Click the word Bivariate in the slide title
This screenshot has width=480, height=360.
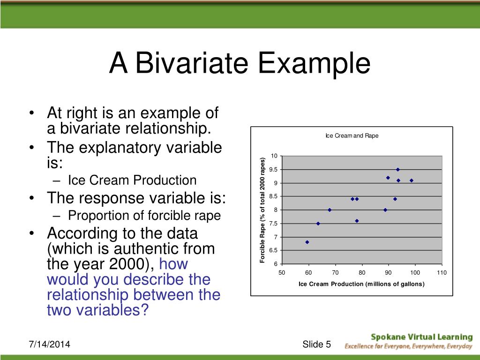(192, 63)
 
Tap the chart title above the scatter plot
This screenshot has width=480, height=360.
(352, 135)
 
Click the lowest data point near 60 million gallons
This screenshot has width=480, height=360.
(307, 242)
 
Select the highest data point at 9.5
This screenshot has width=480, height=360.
(398, 169)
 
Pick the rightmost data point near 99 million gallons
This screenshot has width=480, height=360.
(412, 180)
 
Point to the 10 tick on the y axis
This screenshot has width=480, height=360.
(274, 156)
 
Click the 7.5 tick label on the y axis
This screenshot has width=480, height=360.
(273, 224)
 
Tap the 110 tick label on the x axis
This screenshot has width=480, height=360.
(442, 272)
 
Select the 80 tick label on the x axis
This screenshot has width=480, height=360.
(362, 272)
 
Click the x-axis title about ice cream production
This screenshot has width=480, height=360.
(361, 284)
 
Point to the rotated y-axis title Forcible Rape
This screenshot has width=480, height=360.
(262, 210)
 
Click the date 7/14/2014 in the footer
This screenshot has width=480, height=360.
(49, 344)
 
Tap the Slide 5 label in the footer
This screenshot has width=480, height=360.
(316, 344)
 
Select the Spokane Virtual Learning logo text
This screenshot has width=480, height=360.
(422, 337)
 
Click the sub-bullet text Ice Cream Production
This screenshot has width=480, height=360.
(132, 180)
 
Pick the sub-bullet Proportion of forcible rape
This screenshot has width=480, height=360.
(144, 215)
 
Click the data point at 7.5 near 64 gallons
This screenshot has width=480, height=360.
(318, 224)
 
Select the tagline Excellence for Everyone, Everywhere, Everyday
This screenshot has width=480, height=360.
(408, 346)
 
